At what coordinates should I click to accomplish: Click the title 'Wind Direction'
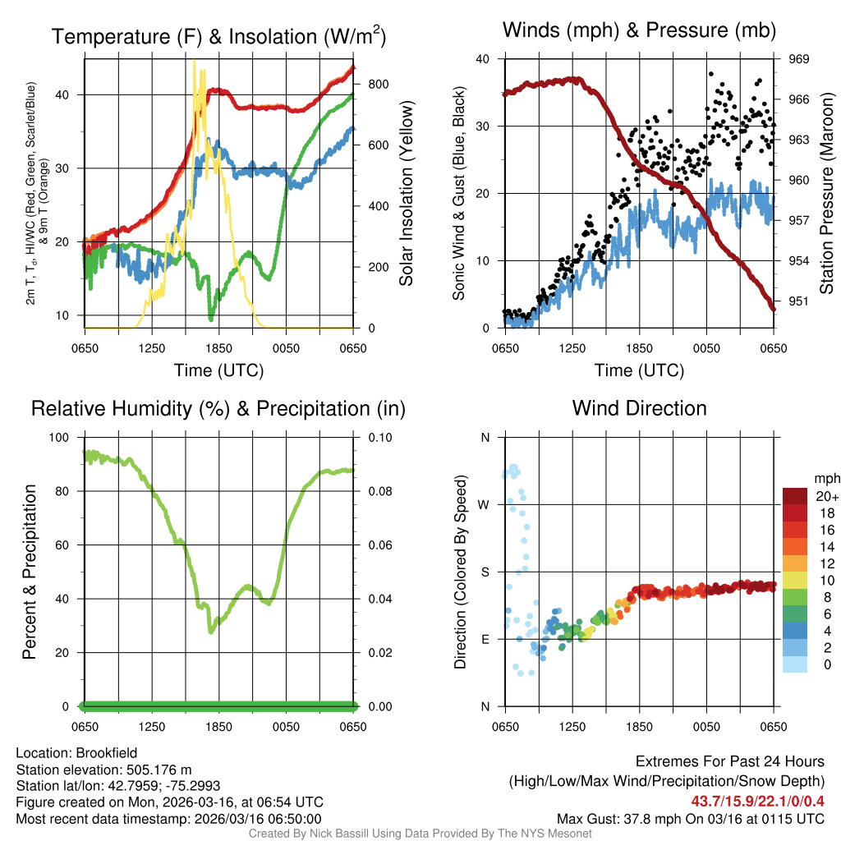[x=639, y=408]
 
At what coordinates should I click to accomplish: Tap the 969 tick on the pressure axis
[x=800, y=59]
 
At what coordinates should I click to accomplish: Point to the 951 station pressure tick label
[x=800, y=301]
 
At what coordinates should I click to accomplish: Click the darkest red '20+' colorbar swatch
[x=796, y=496]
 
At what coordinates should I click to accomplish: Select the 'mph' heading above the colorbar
[x=825, y=478]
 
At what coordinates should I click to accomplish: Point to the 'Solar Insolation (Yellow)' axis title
[x=407, y=194]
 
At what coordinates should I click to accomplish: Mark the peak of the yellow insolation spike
[x=195, y=61]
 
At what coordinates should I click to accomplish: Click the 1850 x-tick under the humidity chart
[x=219, y=727]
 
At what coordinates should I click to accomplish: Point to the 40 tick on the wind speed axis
[x=483, y=59]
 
